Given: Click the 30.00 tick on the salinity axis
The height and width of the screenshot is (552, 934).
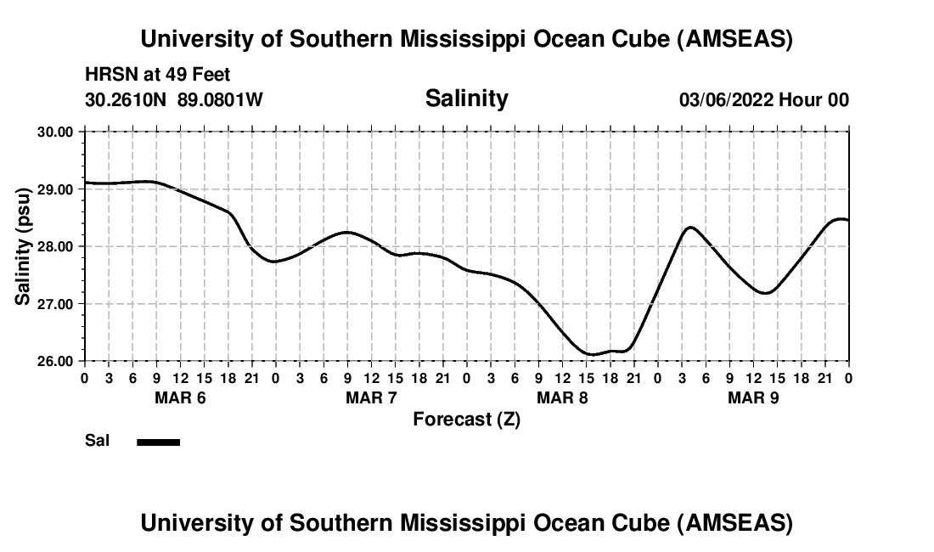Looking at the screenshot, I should pyautogui.click(x=55, y=132).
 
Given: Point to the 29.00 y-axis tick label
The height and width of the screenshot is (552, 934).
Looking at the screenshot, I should pyautogui.click(x=55, y=189).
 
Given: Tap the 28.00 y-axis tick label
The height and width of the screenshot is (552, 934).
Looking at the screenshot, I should pyautogui.click(x=55, y=246).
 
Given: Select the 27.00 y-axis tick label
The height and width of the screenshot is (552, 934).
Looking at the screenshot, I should pyautogui.click(x=55, y=304).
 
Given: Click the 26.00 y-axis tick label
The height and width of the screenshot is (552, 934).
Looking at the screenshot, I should pyautogui.click(x=55, y=361).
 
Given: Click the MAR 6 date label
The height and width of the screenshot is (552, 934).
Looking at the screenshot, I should pyautogui.click(x=180, y=397).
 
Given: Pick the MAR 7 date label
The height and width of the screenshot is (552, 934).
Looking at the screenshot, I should pyautogui.click(x=371, y=397).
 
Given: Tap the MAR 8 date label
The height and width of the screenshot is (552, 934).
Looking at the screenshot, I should pyautogui.click(x=562, y=397).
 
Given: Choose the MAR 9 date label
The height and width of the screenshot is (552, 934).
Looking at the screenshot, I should pyautogui.click(x=753, y=397).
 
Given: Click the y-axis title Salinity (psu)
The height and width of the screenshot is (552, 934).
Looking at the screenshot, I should pyautogui.click(x=23, y=246).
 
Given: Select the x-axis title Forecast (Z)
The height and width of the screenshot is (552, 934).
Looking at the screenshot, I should pyautogui.click(x=466, y=420).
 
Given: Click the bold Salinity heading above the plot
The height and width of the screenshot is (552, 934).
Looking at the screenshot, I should pyautogui.click(x=466, y=99).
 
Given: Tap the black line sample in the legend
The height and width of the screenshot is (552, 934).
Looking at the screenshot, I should pyautogui.click(x=158, y=442).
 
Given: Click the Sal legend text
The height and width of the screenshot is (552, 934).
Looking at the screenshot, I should pyautogui.click(x=97, y=442).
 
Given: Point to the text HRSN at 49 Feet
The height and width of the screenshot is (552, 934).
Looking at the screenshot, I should pyautogui.click(x=157, y=75).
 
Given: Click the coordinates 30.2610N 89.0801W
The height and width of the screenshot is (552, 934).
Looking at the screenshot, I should pyautogui.click(x=174, y=100).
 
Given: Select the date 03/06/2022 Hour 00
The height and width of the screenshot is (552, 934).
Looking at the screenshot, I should pyautogui.click(x=763, y=100).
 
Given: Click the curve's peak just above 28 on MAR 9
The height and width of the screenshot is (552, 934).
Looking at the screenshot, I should pyautogui.click(x=690, y=227).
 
